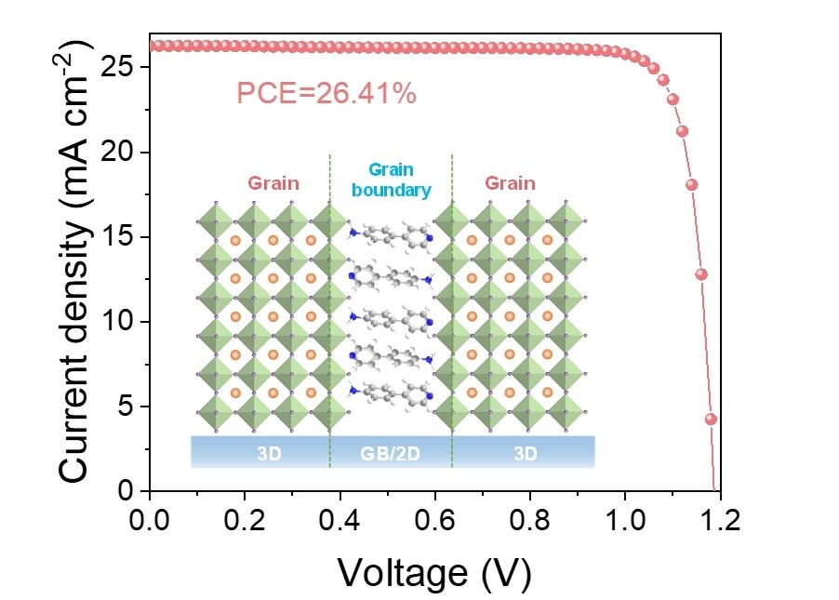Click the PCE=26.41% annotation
326,93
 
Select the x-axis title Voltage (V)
433,572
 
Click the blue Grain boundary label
391,180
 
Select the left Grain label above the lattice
273,183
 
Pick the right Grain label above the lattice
510,183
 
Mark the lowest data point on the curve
711,419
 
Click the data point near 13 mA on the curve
701,274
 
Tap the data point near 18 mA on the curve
691,184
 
